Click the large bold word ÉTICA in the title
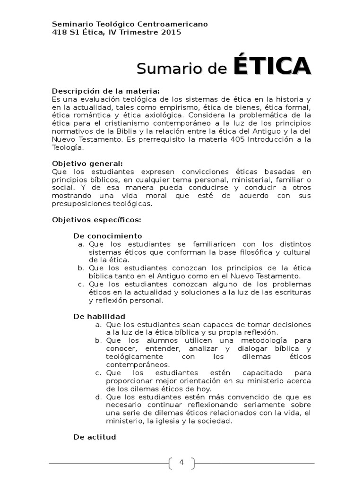272,66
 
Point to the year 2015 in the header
171,32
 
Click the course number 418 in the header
59,32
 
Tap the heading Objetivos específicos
96,220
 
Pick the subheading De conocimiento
108,236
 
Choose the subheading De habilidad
99,316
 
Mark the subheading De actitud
95,437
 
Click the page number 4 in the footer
181,462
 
